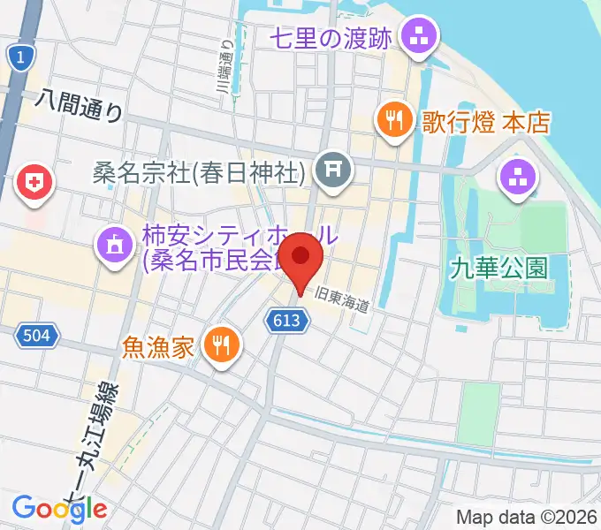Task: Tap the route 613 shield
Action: coord(292,322)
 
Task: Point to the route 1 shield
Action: coord(18,57)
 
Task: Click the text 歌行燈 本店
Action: coord(485,120)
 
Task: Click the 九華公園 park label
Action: coord(510,267)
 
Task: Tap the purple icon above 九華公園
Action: coord(518,177)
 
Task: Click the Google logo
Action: coord(59,509)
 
